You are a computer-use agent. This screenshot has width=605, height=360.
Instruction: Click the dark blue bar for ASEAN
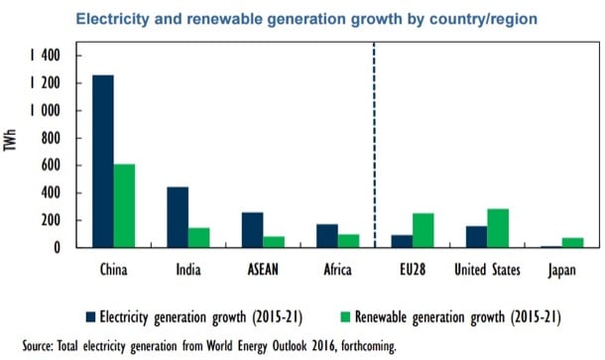252,229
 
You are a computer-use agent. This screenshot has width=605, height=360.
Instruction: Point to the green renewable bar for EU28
423,230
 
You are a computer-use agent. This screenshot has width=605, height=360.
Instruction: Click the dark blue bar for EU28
402,241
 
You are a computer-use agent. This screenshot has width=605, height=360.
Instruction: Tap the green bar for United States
497,227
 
